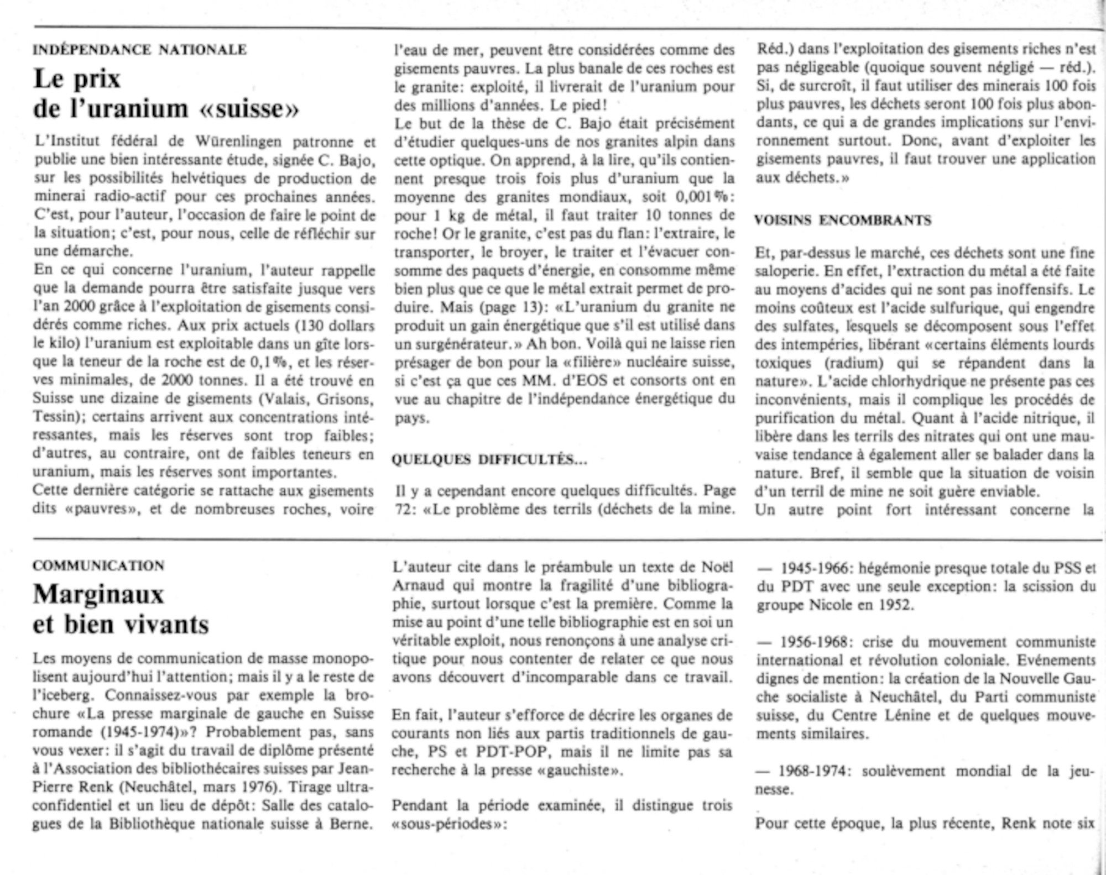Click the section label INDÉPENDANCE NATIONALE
(140, 50)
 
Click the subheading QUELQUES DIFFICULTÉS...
(489, 459)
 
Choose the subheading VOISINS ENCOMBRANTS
(843, 220)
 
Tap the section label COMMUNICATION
(98, 565)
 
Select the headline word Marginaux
(99, 595)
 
